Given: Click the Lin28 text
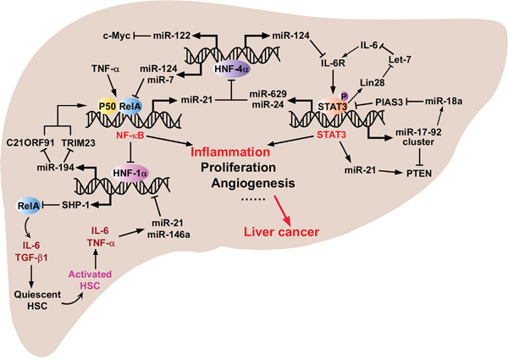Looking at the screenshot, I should click(373, 81).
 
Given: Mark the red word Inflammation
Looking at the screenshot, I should click(233, 149).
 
